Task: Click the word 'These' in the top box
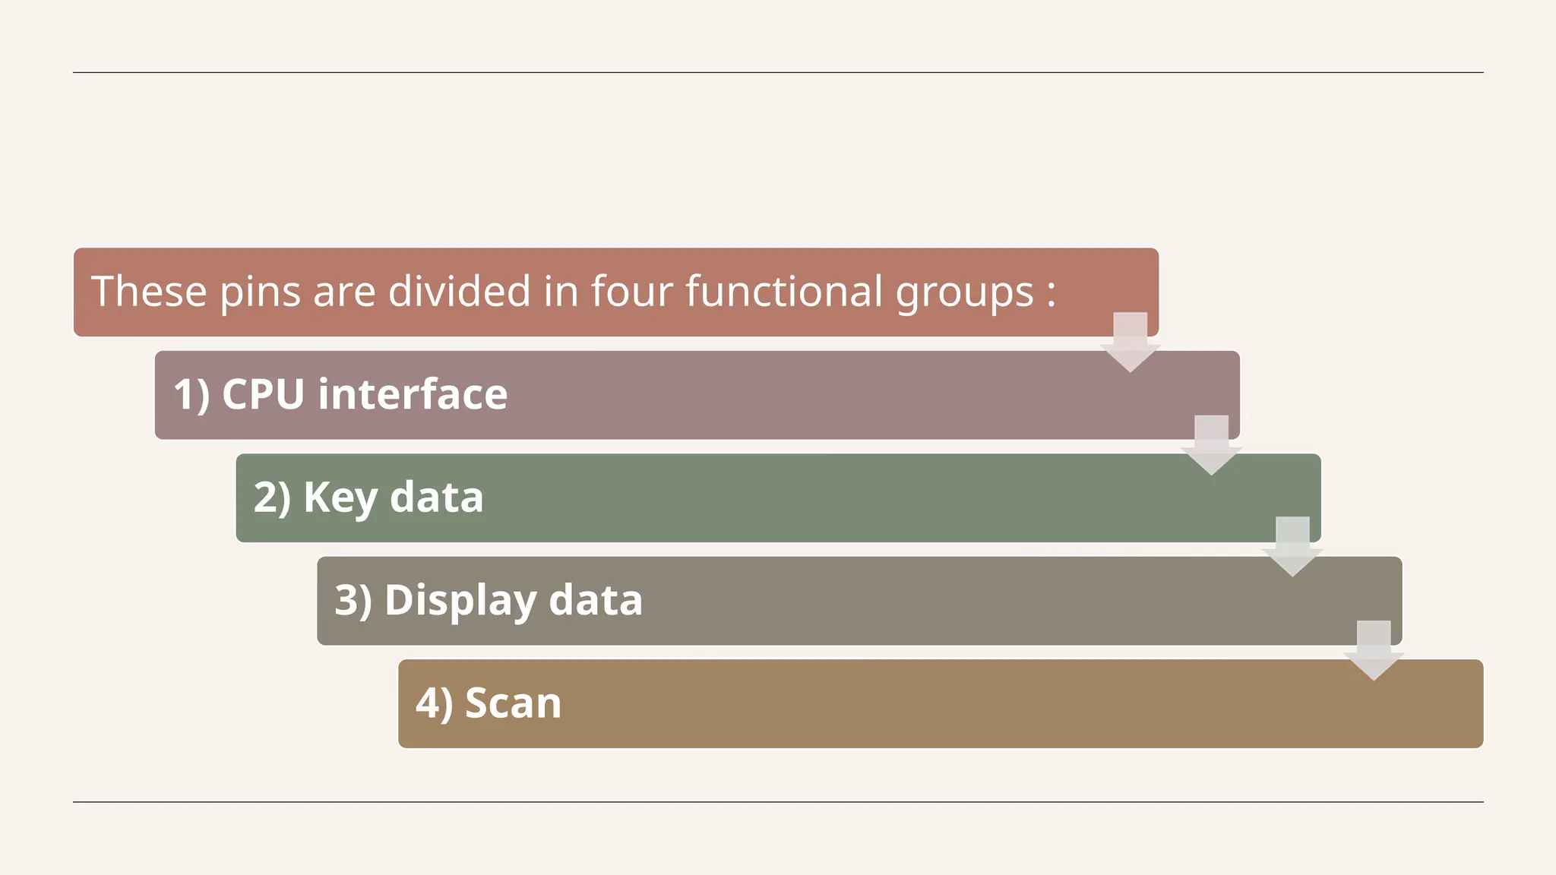(149, 292)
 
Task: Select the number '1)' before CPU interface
(191, 395)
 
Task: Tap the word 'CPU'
(263, 395)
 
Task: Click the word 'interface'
(413, 395)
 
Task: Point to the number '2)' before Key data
(272, 498)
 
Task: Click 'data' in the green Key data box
(436, 498)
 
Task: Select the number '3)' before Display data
(353, 601)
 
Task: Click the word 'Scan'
(513, 703)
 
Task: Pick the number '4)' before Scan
(434, 704)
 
